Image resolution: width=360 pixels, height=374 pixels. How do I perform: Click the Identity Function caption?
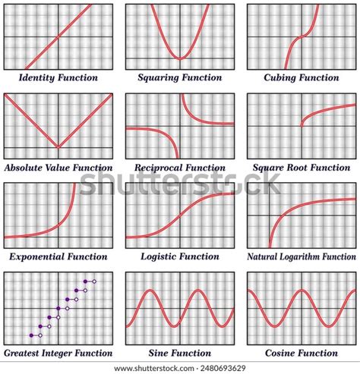(x=58, y=77)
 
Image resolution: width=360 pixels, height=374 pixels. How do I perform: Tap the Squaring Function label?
(x=180, y=77)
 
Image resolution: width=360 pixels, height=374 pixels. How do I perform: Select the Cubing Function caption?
(x=301, y=77)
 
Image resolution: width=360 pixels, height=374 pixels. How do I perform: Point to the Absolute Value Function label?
(x=58, y=168)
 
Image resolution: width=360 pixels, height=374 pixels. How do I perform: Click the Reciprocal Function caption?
(x=180, y=168)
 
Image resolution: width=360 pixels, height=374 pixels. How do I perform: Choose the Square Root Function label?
(x=301, y=168)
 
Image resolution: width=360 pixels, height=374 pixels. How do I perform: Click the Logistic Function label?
(x=180, y=257)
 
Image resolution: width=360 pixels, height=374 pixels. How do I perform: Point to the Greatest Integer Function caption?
(x=58, y=353)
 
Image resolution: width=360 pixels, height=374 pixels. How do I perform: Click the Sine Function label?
(x=180, y=353)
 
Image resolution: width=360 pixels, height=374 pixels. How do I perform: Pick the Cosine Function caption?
(x=302, y=353)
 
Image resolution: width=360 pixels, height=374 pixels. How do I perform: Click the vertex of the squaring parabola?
(x=179, y=58)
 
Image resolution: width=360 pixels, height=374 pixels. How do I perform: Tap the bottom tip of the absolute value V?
(x=58, y=147)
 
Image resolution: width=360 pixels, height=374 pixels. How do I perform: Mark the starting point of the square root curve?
(x=302, y=125)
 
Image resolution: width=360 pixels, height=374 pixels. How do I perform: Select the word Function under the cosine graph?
(x=317, y=353)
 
